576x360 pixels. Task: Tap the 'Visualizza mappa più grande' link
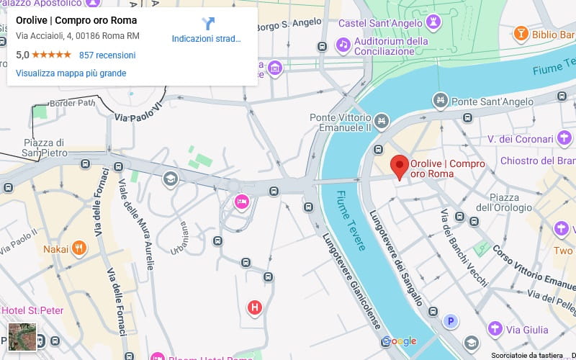[x=71, y=73]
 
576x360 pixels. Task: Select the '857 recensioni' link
[x=107, y=55]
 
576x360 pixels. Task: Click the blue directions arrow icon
[x=208, y=23]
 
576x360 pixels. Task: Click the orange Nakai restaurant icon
[x=79, y=249]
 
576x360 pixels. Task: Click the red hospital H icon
[x=254, y=308]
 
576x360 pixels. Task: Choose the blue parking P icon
[x=451, y=321]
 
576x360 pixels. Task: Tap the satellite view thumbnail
[x=22, y=337]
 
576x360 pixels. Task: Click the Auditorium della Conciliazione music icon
[x=343, y=45]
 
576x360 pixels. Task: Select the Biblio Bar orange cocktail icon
[x=521, y=34]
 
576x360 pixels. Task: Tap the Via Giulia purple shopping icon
[x=495, y=328]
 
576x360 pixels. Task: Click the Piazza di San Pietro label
[x=44, y=147]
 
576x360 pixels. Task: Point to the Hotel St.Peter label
[x=32, y=310]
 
